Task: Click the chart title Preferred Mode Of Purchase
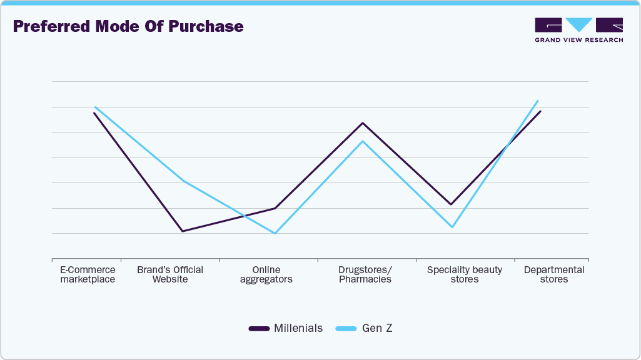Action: coord(128,27)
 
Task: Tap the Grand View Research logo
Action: coord(578,30)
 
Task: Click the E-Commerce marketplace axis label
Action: coord(88,274)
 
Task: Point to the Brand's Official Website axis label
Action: coord(170,274)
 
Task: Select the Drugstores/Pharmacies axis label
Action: coord(365,274)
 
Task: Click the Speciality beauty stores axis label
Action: coord(465,274)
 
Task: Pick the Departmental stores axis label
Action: coord(554,274)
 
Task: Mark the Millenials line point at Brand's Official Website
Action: coord(182,231)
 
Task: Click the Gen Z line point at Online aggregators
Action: coord(275,233)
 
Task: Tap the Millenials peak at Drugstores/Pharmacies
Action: coord(363,123)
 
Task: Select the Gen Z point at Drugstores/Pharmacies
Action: coord(363,141)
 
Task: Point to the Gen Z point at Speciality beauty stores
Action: coord(452,227)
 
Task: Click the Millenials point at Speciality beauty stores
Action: coord(450,204)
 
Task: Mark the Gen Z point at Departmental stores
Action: coord(538,101)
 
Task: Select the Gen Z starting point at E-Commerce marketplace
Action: coord(95,107)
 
